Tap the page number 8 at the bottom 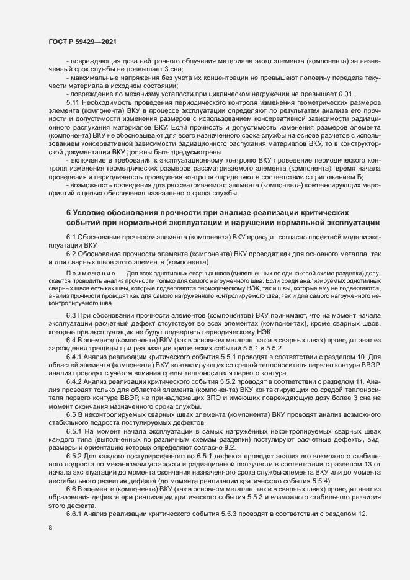tap(50, 529)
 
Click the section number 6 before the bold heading tap(68, 213)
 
